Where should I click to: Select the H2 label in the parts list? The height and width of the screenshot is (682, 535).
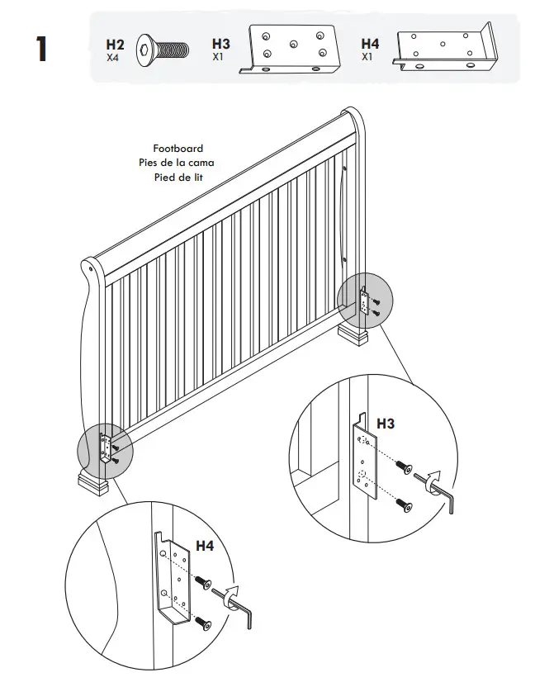(115, 44)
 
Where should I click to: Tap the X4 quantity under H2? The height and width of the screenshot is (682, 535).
(113, 58)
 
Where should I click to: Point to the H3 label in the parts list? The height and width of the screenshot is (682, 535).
(221, 44)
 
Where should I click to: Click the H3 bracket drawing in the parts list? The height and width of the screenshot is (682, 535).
(291, 50)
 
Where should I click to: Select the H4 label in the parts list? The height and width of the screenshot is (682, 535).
(371, 44)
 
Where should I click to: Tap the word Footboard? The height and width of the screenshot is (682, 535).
(178, 149)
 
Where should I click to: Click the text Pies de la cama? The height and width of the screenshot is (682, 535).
(176, 163)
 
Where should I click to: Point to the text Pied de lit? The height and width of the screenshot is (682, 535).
(178, 178)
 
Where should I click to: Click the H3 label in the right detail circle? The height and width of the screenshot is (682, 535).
(386, 424)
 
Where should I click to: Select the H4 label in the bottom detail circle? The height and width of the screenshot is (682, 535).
(205, 546)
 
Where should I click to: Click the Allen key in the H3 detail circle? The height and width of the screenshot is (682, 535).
(437, 490)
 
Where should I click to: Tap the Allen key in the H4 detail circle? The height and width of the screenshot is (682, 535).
(242, 609)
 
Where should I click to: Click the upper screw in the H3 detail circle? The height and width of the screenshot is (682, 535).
(404, 468)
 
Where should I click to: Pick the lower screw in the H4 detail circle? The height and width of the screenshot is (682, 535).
(201, 626)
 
